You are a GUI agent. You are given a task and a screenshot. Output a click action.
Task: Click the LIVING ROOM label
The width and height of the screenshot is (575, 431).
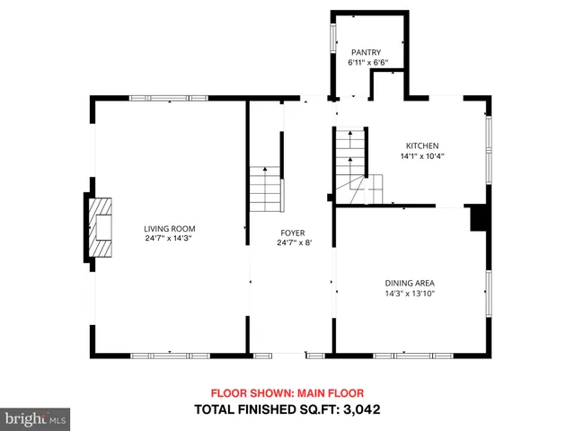coord(170,228)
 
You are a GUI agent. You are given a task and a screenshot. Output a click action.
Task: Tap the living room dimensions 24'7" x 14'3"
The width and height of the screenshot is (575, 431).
coord(170,239)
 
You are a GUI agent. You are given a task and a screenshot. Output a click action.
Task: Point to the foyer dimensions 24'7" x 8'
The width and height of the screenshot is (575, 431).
coord(295,243)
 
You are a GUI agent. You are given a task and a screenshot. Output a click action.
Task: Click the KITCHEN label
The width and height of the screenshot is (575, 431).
coord(422,145)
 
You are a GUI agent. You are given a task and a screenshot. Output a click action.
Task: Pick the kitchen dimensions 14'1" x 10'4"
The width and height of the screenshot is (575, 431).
coord(422,156)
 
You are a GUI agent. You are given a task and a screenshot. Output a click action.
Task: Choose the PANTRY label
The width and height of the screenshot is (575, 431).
coord(367,52)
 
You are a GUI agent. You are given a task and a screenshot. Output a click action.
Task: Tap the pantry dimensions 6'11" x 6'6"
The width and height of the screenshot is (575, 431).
coord(368,63)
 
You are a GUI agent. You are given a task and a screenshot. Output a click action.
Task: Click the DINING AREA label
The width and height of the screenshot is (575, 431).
coord(410,282)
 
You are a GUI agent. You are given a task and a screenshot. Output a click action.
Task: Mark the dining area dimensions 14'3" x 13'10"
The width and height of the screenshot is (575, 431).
coord(410,293)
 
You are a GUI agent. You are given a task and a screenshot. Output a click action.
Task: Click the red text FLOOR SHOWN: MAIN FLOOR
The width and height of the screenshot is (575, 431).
coord(287,393)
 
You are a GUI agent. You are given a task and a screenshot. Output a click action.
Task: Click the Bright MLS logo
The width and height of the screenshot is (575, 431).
coord(36,418)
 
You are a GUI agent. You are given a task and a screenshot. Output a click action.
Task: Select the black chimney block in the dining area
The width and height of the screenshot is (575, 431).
coord(478,218)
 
